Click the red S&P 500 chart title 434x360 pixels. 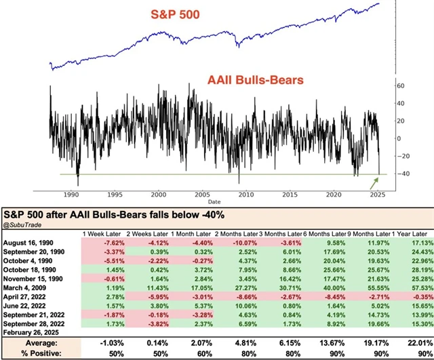[x=170, y=15]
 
